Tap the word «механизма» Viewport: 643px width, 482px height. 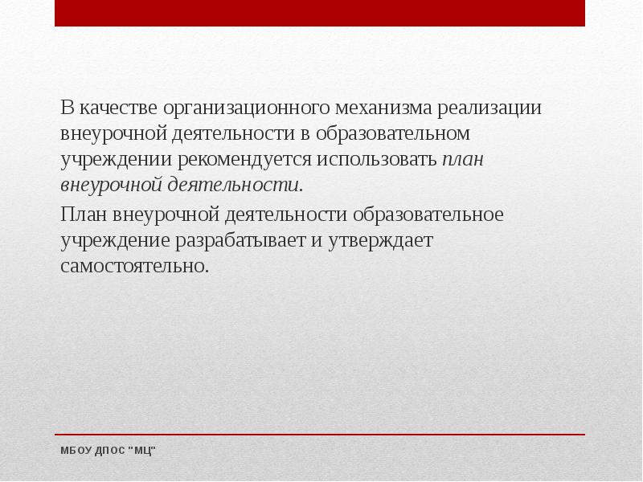378,108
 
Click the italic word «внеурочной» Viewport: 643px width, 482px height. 111,185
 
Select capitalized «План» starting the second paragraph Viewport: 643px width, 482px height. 84,214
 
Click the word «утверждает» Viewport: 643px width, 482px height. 380,240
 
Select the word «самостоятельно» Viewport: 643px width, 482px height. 134,266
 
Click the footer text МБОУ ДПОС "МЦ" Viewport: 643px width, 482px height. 108,451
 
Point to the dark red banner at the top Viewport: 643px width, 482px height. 320,13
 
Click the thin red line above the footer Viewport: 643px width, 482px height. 320,435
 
